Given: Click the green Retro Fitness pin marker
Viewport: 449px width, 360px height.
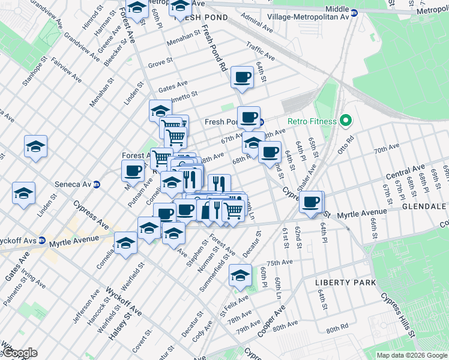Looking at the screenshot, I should pyautogui.click(x=345, y=121).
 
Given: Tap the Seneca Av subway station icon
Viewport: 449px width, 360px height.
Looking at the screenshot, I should pyautogui.click(x=96, y=185).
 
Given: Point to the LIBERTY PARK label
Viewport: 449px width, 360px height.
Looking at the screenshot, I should pyautogui.click(x=345, y=282).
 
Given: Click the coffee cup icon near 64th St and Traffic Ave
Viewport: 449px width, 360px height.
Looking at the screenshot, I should pyautogui.click(x=243, y=77).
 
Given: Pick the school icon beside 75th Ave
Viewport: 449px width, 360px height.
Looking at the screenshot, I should pyautogui.click(x=240, y=275).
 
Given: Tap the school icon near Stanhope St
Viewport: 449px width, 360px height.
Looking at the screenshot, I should pyautogui.click(x=36, y=146).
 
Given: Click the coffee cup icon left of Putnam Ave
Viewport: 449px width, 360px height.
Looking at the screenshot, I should pyautogui.click(x=133, y=170).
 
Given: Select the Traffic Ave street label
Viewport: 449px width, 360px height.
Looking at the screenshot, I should pyautogui.click(x=261, y=50).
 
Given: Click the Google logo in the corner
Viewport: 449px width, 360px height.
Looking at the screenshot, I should pyautogui.click(x=19, y=353).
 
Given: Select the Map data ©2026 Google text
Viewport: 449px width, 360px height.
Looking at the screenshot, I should pyautogui.click(x=411, y=355).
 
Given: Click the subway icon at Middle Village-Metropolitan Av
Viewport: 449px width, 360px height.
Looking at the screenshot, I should pyautogui.click(x=354, y=12).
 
